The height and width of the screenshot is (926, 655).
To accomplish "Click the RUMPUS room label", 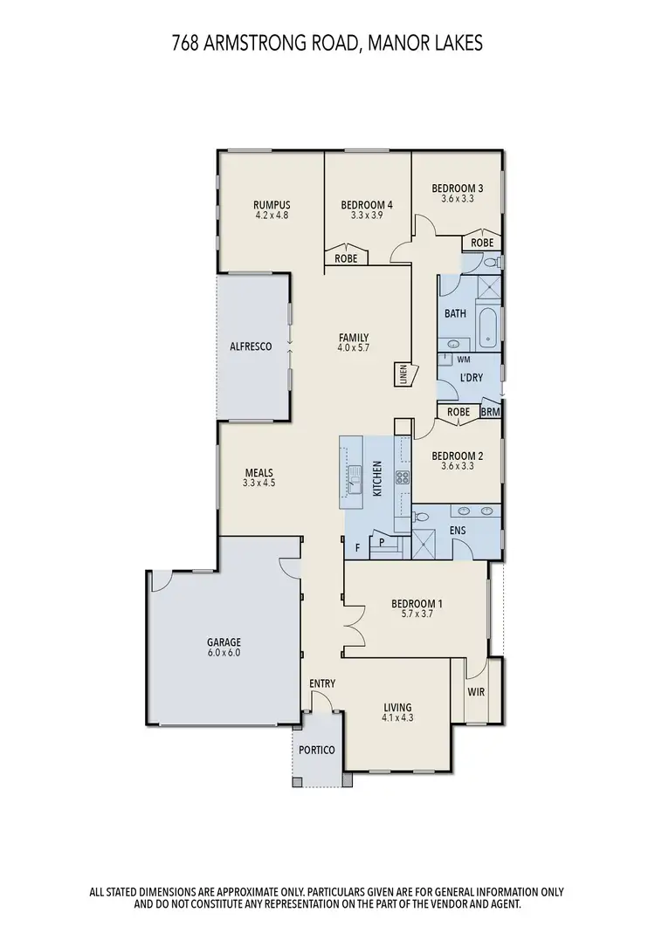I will (x=272, y=205).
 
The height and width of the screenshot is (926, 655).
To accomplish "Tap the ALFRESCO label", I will (x=252, y=346).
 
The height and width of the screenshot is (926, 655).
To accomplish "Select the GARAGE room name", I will (x=224, y=641).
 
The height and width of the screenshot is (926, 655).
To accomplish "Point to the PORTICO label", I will (x=316, y=750).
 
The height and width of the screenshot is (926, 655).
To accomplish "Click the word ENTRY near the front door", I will (x=322, y=683).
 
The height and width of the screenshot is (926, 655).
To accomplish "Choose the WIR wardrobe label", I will (x=477, y=692).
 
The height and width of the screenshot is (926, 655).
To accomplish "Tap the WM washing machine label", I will (x=462, y=359).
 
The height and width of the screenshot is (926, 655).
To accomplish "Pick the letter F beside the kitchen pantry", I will (x=357, y=548).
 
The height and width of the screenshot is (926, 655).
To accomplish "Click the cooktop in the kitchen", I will (x=403, y=477).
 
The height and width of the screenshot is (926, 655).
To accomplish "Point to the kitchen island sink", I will (x=356, y=479).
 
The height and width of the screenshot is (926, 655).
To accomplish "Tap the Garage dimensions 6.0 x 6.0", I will (x=224, y=652).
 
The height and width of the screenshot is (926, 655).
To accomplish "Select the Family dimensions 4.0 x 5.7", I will (x=354, y=348).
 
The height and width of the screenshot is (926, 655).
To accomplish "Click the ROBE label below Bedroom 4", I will (x=346, y=258).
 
